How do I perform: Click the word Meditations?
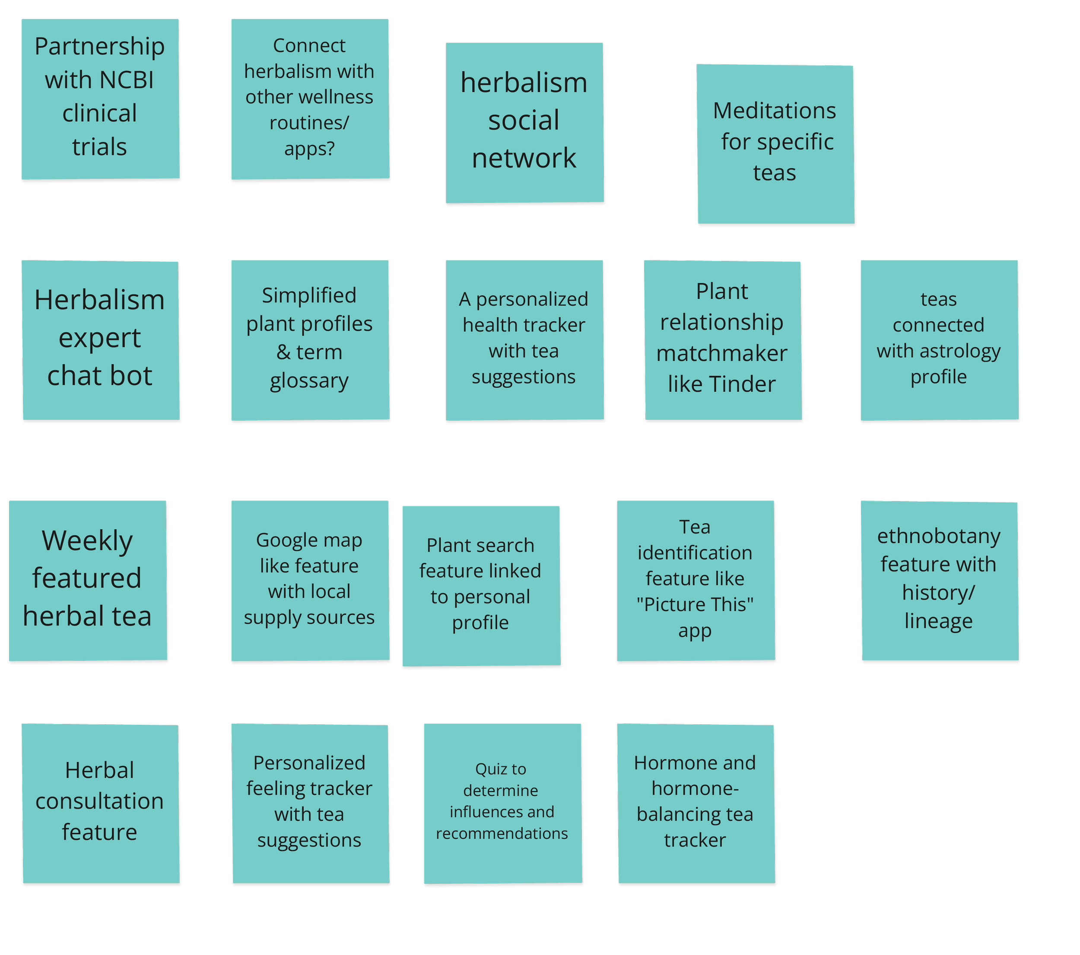click(x=774, y=111)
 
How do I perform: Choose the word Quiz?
click(x=486, y=769)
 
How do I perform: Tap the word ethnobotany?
click(x=938, y=536)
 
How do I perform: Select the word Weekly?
click(x=87, y=541)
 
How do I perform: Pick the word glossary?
click(x=309, y=381)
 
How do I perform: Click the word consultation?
click(x=99, y=801)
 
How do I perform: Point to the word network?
click(x=524, y=158)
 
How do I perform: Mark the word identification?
click(x=695, y=553)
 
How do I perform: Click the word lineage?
click(x=938, y=621)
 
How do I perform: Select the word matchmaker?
click(x=722, y=353)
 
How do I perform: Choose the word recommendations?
click(x=502, y=834)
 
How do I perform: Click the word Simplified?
click(x=309, y=295)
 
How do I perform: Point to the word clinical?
click(x=99, y=114)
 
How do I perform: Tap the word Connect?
click(x=309, y=46)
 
